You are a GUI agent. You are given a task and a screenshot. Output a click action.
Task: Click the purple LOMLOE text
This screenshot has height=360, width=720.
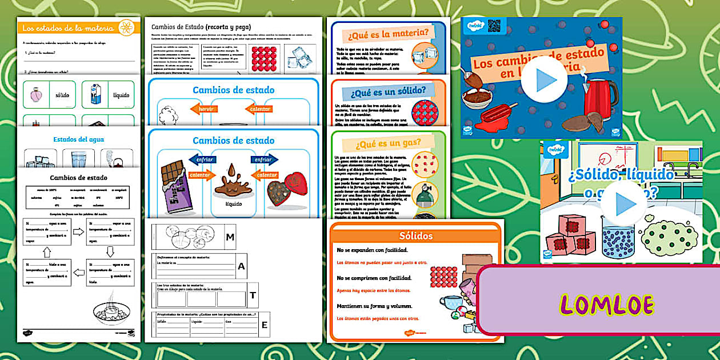point(606,305)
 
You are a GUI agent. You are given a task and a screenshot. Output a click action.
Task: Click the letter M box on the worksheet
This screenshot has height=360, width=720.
point(230,237)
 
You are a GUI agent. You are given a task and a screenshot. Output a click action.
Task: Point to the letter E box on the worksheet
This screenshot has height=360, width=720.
point(264,325)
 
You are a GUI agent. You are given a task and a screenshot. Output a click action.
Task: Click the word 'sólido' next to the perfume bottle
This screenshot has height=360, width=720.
point(62,94)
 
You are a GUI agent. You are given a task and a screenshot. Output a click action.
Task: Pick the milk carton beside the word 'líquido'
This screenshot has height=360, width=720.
point(95,94)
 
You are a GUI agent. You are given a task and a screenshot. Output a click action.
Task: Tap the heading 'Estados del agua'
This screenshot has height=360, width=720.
point(78,139)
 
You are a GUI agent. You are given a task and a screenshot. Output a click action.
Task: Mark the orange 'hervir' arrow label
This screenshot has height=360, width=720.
point(205,109)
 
